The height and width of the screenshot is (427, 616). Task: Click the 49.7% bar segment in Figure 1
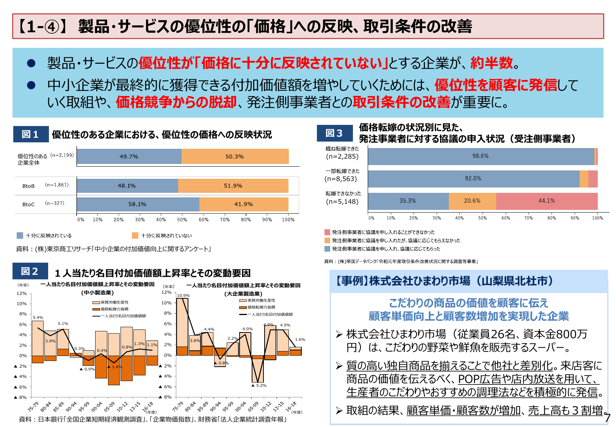pyautogui.click(x=129, y=156)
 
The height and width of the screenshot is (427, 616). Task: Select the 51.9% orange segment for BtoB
pyautogui.click(x=233, y=186)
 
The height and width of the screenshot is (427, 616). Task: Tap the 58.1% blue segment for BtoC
pyautogui.click(x=137, y=204)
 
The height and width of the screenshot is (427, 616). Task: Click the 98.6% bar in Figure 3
pyautogui.click(x=480, y=156)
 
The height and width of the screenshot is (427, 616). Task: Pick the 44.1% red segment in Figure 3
pyautogui.click(x=546, y=201)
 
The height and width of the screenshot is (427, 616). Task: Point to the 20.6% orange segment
pyautogui.click(x=472, y=201)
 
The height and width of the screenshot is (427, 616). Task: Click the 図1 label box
pyautogui.click(x=31, y=134)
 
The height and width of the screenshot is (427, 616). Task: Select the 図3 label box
pyautogui.click(x=334, y=133)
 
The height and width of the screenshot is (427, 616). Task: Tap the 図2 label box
pyautogui.click(x=30, y=271)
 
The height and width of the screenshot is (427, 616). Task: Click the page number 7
pyautogui.click(x=607, y=418)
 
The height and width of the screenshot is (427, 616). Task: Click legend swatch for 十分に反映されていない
pyautogui.click(x=135, y=236)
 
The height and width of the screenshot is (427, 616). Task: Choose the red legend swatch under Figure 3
pyautogui.click(x=327, y=232)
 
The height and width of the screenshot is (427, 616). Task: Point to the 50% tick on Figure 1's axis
pyautogui.click(x=182, y=220)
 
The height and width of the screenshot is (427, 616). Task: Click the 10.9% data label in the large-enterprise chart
pyautogui.click(x=183, y=295)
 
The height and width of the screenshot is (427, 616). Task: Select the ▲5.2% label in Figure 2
pyautogui.click(x=259, y=385)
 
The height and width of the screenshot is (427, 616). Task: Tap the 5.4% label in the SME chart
pyautogui.click(x=38, y=317)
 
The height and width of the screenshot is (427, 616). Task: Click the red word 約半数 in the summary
pyautogui.click(x=491, y=63)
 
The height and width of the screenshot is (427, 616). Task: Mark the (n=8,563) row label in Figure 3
pyautogui.click(x=341, y=179)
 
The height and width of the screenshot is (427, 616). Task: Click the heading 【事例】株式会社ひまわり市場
pyautogui.click(x=444, y=281)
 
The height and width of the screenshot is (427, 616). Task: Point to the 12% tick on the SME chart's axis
pyautogui.click(x=22, y=293)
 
